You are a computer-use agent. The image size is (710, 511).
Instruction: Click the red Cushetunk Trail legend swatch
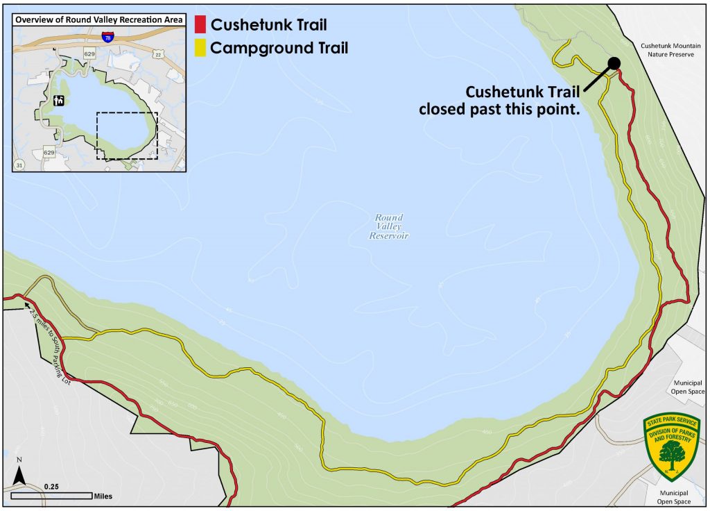point(200,26)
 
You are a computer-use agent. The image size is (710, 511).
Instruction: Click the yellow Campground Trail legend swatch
point(200,48)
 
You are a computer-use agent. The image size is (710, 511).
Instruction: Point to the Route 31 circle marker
point(17,164)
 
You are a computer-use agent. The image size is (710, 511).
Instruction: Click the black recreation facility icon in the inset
point(59,100)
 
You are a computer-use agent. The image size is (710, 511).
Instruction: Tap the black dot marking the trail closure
point(614,64)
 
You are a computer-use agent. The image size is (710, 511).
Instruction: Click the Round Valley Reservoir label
point(388,227)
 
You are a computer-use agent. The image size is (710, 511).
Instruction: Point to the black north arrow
point(20,475)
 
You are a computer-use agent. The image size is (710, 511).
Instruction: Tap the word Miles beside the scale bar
point(103,496)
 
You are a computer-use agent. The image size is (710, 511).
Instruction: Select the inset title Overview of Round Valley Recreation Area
point(99,19)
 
